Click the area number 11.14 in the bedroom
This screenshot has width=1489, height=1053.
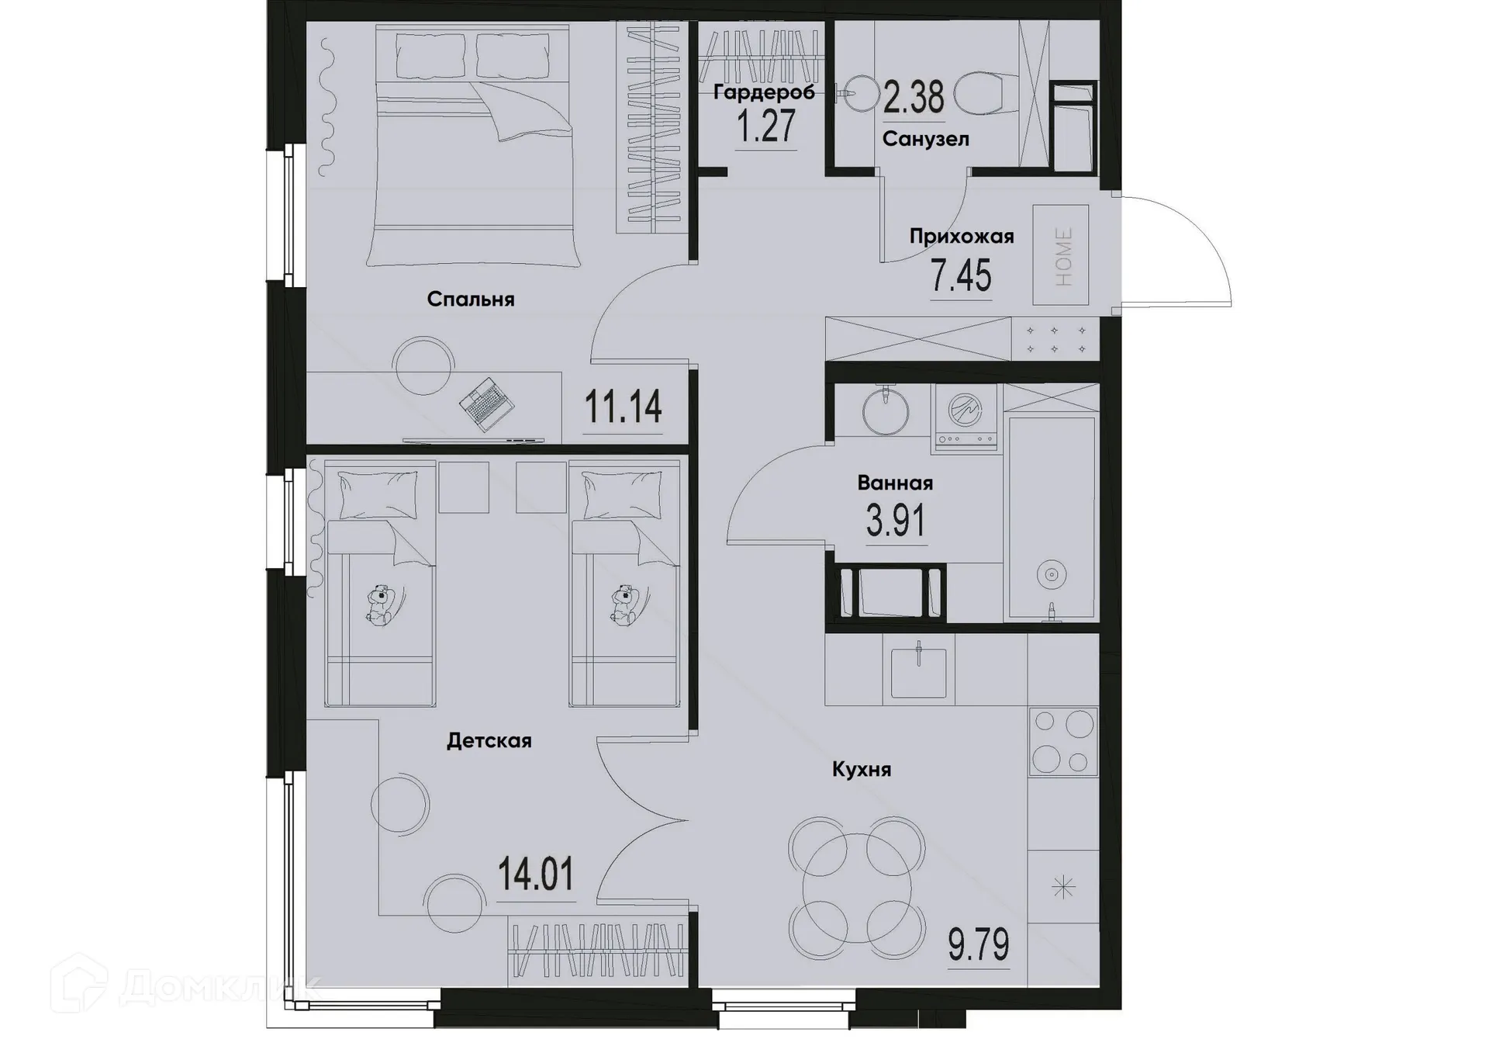coord(623,406)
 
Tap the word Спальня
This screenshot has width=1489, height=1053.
coord(471,300)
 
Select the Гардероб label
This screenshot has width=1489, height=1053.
coord(764,93)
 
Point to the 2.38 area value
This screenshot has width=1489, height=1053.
coord(914,99)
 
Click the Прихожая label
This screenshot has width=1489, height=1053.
coord(962,237)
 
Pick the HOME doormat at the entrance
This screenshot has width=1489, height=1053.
coord(1061,255)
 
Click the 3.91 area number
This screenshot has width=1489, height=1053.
coord(896,521)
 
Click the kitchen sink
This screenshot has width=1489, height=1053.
coord(918,672)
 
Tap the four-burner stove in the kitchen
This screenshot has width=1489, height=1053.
coord(1063,742)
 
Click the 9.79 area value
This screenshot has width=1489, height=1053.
coord(979,945)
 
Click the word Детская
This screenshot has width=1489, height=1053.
coord(489,741)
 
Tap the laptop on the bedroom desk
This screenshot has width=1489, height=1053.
coord(486,403)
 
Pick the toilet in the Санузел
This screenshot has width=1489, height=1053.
coord(981,95)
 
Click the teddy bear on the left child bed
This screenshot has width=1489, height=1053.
coord(381,605)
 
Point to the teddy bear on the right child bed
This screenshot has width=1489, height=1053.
coord(625,605)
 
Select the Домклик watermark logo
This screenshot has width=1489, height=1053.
coord(186,986)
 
